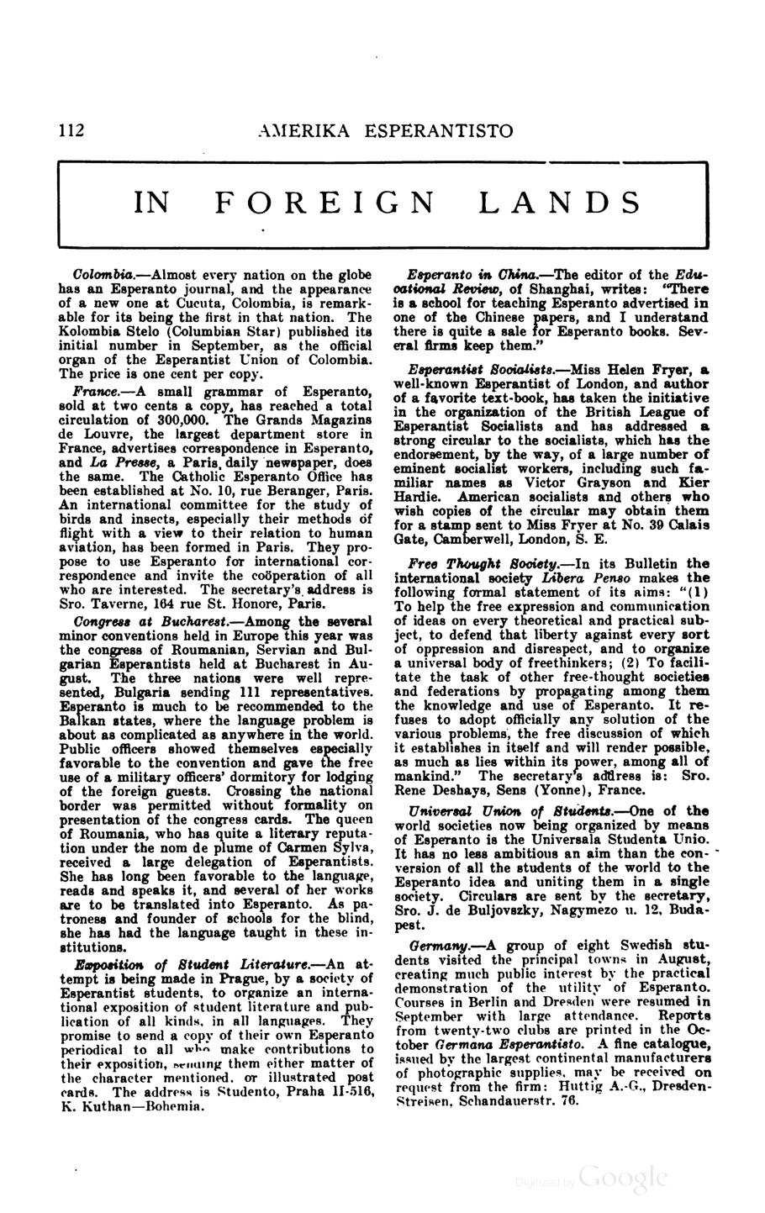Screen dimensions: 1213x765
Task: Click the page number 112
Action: (71, 130)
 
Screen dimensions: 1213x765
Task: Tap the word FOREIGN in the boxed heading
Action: (325, 203)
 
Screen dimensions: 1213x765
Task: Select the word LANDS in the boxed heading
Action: (560, 203)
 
